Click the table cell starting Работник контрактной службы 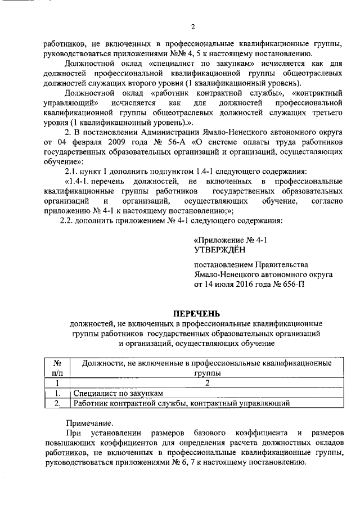[x=181, y=403]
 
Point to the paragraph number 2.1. [x=72, y=170]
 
